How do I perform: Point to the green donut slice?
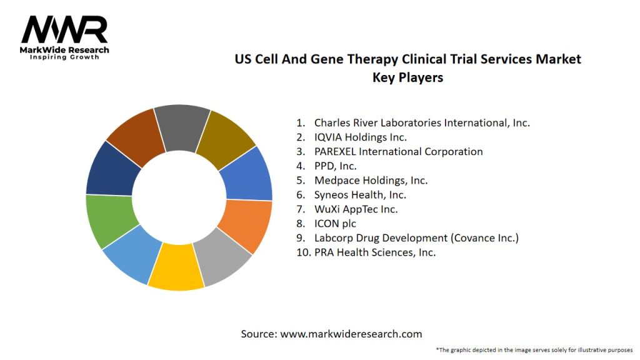click(109, 220)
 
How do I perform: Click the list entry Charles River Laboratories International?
click(422, 122)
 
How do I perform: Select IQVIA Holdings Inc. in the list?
click(360, 137)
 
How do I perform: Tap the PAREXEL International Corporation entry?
click(398, 151)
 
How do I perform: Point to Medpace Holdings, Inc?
click(371, 180)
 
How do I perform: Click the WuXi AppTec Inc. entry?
click(356, 209)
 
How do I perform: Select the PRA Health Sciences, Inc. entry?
click(374, 252)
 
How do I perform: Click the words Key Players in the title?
click(407, 77)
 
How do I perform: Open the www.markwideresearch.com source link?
click(351, 334)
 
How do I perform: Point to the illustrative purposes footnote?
click(534, 350)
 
